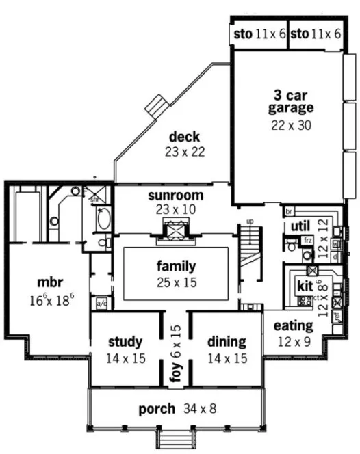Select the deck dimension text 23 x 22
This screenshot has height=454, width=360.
click(x=184, y=152)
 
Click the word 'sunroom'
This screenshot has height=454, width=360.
click(x=170, y=196)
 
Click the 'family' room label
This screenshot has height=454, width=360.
click(x=176, y=266)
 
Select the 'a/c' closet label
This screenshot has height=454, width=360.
click(x=101, y=301)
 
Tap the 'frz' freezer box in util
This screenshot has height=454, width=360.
click(x=308, y=241)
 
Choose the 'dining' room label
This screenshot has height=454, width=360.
click(x=225, y=341)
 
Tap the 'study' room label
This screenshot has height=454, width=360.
click(x=125, y=341)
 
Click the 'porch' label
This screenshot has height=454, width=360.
click(x=157, y=410)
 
